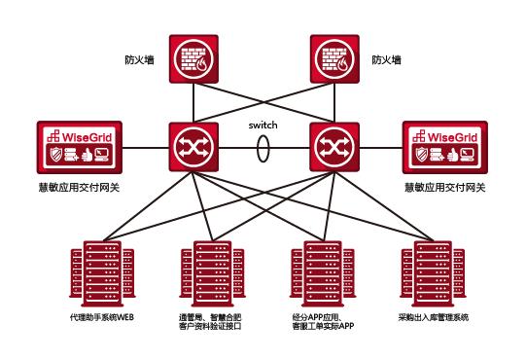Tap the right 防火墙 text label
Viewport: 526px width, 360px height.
click(x=386, y=59)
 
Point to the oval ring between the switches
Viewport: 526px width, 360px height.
click(x=262, y=150)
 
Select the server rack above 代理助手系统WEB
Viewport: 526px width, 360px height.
click(x=93, y=276)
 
